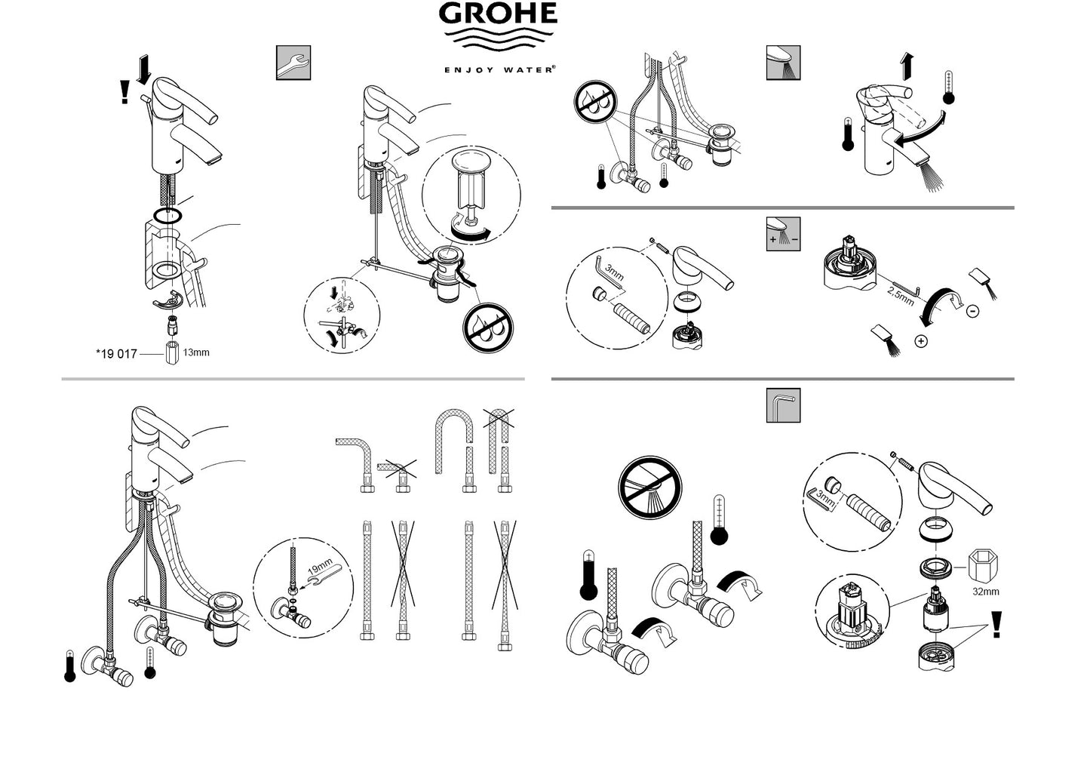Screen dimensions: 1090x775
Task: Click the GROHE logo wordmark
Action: tap(498, 13)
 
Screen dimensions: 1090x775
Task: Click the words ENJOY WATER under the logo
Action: tap(500, 69)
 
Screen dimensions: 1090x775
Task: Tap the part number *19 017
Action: tap(117, 354)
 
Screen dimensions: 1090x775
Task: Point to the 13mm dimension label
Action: tap(196, 352)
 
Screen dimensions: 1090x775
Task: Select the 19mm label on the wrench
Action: tap(319, 567)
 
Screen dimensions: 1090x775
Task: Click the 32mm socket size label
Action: tap(985, 592)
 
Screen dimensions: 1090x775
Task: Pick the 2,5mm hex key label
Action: tap(901, 296)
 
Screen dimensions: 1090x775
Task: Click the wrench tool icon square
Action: tap(293, 63)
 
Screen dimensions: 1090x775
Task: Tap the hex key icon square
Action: tap(784, 405)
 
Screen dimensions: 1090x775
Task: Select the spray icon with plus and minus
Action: tap(784, 234)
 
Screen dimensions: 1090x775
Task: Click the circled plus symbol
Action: tap(921, 341)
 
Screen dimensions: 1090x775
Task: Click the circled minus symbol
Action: tap(973, 311)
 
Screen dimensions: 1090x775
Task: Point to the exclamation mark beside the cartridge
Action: tap(996, 624)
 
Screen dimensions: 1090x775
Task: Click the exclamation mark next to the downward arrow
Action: tap(124, 91)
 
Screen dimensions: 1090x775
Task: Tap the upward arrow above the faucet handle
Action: tap(907, 67)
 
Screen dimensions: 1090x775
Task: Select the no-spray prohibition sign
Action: tap(649, 487)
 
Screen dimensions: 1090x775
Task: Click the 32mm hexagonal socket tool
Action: tap(984, 565)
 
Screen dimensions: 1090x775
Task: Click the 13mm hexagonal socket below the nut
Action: tap(172, 353)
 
